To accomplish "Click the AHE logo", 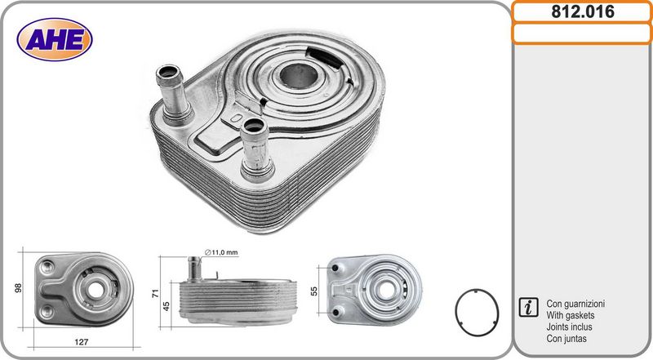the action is point(55,39).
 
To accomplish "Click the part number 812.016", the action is point(583,11).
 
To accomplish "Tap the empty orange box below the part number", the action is point(582,33).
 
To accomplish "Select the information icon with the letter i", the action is point(528,307).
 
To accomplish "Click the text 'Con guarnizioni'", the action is point(575,304).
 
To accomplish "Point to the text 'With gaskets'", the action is point(570,315).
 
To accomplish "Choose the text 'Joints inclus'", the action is point(569,327).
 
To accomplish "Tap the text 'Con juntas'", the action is point(566,338).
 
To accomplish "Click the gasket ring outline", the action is point(457,313).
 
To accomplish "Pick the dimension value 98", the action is point(18,288).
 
